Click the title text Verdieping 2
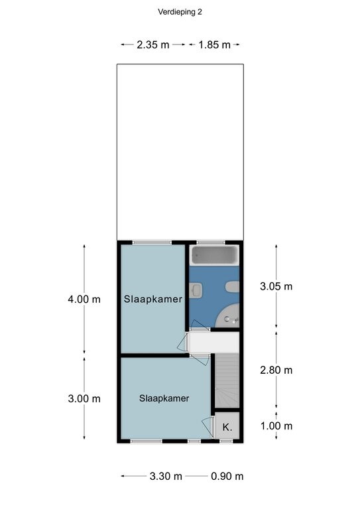tap(180, 12)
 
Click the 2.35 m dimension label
tap(153, 44)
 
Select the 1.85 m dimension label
tap(214, 44)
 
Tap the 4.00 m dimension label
tap(84, 300)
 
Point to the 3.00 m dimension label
tap(84, 398)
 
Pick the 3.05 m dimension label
tap(276, 286)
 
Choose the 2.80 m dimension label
tap(276, 370)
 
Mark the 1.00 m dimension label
tap(276, 426)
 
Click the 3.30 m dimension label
tap(166, 477)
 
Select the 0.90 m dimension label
tap(227, 477)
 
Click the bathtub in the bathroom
tap(214, 255)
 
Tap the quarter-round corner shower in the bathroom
tap(228, 316)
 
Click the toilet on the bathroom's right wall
tap(233, 287)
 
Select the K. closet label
tap(227, 427)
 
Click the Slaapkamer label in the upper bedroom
tap(153, 299)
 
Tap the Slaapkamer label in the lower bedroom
tap(164, 398)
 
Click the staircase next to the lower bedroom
tap(227, 380)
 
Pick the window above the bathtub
tap(211, 242)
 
